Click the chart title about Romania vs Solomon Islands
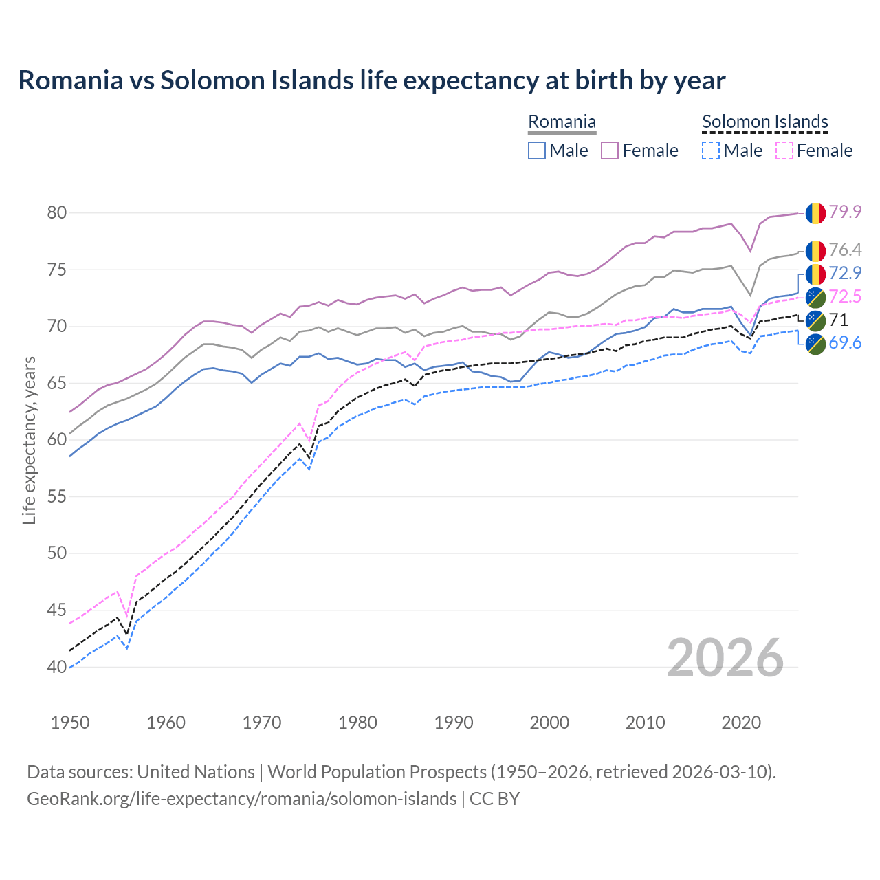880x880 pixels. click(x=371, y=80)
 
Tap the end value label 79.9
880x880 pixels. click(x=845, y=212)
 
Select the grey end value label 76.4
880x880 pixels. click(x=845, y=250)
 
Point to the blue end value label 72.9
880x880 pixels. click(x=845, y=273)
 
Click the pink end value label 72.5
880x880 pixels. click(x=845, y=296)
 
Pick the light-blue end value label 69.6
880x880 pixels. click(x=845, y=342)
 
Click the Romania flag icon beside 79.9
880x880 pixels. click(x=815, y=212)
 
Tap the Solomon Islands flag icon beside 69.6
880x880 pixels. click(x=815, y=344)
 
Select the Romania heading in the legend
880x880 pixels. click(x=562, y=122)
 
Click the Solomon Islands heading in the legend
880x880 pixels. click(x=764, y=122)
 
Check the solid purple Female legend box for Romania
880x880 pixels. click(x=610, y=151)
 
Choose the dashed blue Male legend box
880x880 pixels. click(x=711, y=151)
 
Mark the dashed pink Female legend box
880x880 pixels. click(x=784, y=151)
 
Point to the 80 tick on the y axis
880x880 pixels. click(x=56, y=212)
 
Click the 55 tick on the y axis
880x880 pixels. click(x=56, y=496)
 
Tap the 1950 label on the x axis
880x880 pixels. click(x=70, y=723)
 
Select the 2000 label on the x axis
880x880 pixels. click(x=549, y=723)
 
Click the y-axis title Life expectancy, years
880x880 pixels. click(x=29, y=440)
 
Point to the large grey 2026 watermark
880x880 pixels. click(x=725, y=658)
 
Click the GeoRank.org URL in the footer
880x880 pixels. click(x=241, y=799)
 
